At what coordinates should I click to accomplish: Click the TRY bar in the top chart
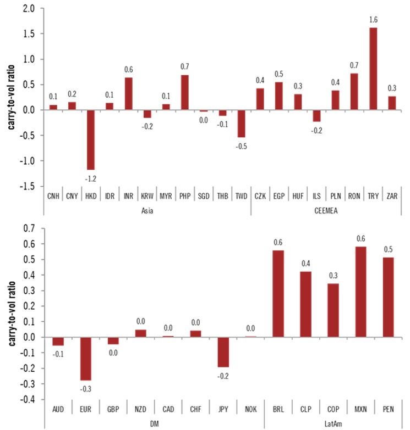(373, 69)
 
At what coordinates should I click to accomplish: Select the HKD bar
(90, 139)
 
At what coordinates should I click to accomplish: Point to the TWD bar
(241, 124)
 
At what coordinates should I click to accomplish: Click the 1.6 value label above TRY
(373, 20)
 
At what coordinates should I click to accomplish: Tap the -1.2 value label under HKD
(90, 178)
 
